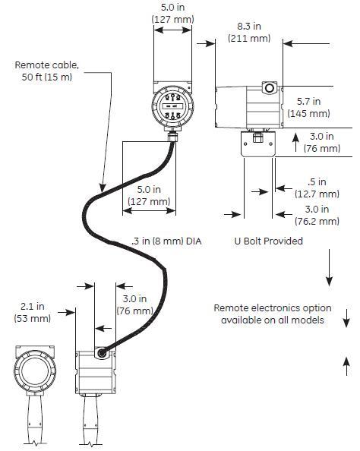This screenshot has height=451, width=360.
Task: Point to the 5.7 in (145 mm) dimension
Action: coord(312,107)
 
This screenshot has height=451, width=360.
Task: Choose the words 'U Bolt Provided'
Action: coord(268,241)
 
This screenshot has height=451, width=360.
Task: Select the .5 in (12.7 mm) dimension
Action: coord(311,188)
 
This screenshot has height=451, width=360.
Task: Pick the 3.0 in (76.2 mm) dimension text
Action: coord(316,215)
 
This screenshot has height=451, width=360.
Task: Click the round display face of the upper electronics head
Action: coord(172,107)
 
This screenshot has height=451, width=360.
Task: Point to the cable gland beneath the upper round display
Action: coord(174,135)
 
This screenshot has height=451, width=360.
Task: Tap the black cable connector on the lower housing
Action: coord(102,352)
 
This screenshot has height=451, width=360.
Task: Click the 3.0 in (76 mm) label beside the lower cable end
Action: coord(134,305)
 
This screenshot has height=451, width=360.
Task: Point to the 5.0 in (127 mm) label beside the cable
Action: coord(148,196)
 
